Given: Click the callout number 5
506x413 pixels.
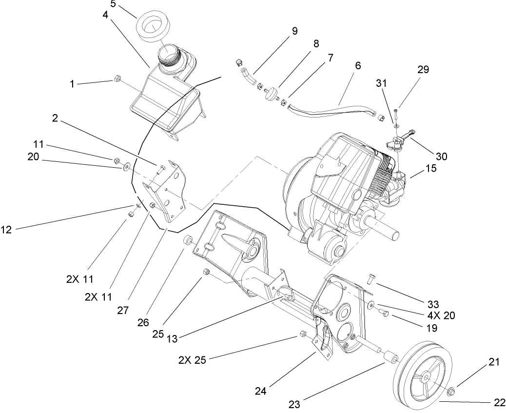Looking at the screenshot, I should click(113, 4).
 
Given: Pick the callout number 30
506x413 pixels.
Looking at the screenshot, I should click(442, 156).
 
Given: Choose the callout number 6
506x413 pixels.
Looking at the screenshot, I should click(358, 65).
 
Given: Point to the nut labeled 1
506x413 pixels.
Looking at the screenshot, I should click(117, 79).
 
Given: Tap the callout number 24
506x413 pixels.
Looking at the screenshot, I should click(261, 391).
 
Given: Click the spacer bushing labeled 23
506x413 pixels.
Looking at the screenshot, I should click(391, 357).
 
